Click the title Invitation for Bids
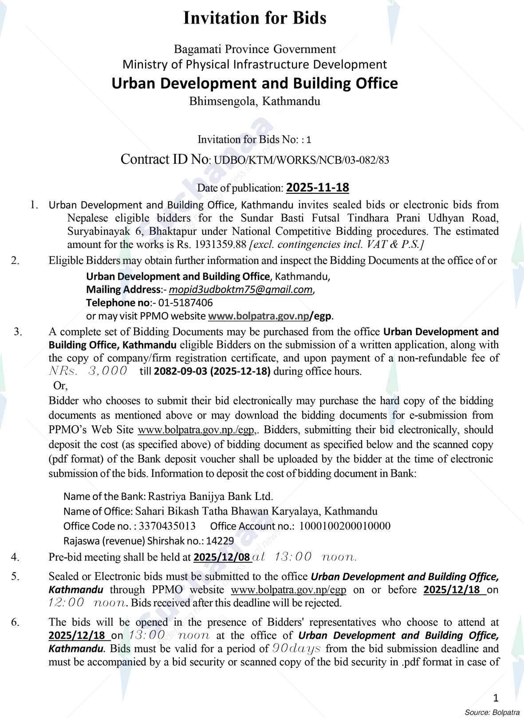(255, 18)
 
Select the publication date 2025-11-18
(318, 188)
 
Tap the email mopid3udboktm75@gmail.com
(241, 290)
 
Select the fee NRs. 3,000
(88, 371)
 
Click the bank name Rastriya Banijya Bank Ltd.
(210, 496)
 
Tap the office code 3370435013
(167, 526)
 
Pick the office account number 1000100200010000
(345, 526)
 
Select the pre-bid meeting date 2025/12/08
(222, 557)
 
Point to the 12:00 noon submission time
(87, 603)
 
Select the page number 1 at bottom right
(496, 698)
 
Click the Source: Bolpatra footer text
(492, 712)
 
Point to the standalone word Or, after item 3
(60, 385)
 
